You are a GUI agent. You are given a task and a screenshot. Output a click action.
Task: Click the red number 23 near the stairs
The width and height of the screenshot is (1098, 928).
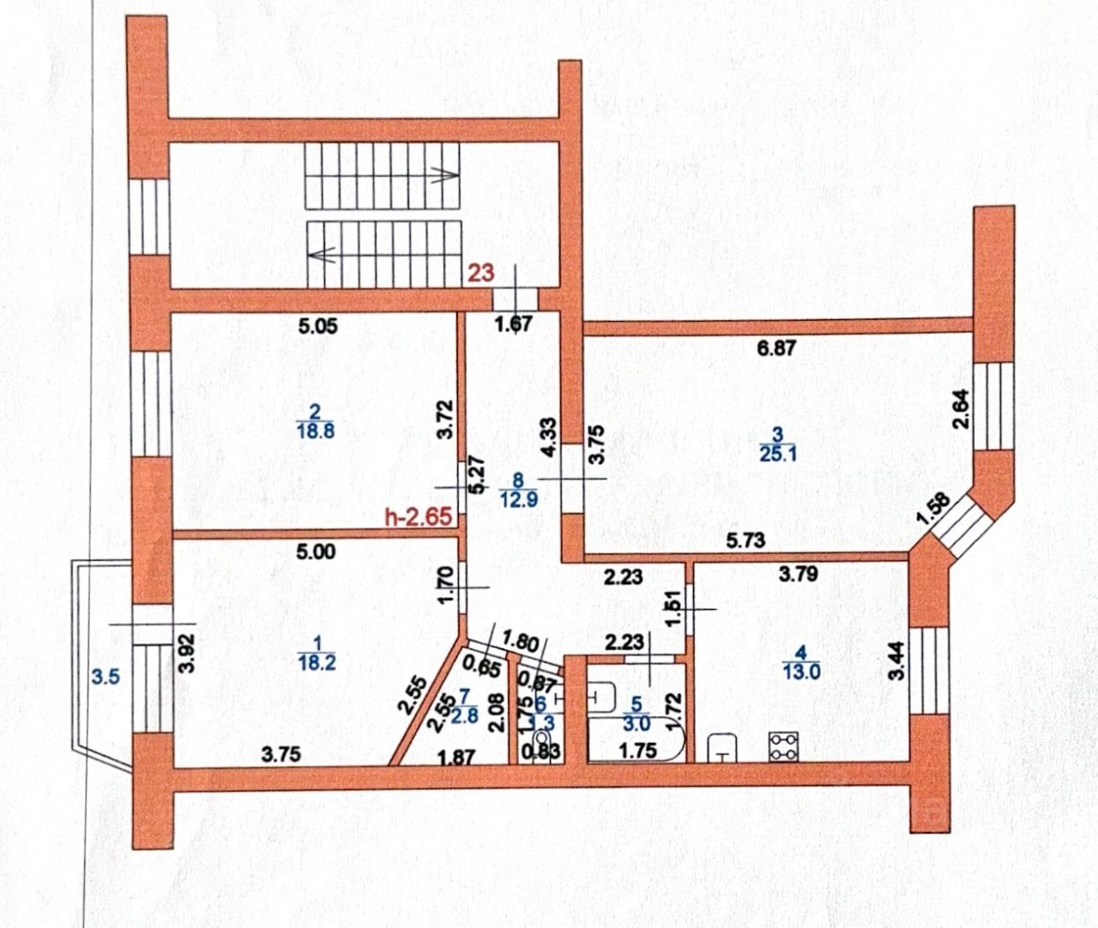(481, 273)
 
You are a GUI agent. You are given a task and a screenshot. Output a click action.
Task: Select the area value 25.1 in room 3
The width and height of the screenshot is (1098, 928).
(778, 454)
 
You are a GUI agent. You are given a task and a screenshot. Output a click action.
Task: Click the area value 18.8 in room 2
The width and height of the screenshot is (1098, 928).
(315, 431)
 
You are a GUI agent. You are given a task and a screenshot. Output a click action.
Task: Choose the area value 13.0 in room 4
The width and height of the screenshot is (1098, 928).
(802, 671)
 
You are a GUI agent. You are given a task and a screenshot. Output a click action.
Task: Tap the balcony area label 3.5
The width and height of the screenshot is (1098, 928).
(105, 677)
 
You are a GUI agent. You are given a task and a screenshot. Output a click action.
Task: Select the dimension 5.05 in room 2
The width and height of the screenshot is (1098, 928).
(315, 325)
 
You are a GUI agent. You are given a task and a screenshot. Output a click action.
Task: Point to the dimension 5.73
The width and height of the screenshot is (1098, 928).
(745, 541)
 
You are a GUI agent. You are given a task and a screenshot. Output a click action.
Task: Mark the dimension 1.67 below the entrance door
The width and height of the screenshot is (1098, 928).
(516, 324)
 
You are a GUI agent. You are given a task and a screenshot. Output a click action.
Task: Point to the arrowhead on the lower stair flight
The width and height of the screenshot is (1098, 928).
(317, 254)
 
